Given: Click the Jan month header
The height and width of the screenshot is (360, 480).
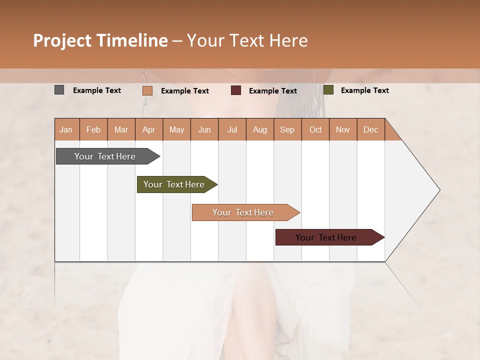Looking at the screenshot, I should (66, 129).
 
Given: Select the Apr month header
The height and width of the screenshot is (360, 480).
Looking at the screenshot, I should (149, 129).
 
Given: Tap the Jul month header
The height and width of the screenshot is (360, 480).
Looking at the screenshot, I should (232, 129).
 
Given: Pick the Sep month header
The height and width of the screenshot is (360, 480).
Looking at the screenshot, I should (287, 129).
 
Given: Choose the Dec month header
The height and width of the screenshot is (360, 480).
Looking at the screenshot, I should (370, 129).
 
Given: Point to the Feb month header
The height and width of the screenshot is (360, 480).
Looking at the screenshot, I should (93, 129).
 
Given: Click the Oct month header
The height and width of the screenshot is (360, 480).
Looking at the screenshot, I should (315, 129).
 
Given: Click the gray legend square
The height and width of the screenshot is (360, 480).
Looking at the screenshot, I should (59, 90).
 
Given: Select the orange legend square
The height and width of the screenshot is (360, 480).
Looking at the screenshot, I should (147, 90).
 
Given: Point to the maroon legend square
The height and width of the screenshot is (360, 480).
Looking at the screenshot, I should (236, 90).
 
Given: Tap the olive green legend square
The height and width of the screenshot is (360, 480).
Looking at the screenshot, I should (328, 90).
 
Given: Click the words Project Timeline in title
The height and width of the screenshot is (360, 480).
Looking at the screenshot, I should (100, 40).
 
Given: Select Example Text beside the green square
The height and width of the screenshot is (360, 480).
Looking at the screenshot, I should (364, 90).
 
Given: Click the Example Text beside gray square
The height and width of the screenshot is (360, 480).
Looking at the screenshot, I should (97, 90).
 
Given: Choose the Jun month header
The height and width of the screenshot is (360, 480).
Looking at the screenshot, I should (204, 129).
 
